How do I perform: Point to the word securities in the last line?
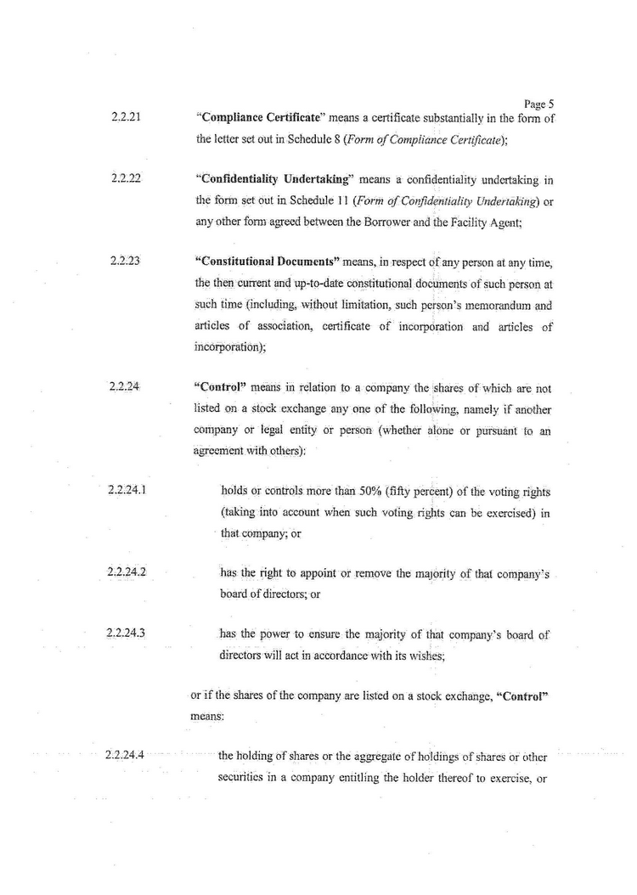(248, 774)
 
